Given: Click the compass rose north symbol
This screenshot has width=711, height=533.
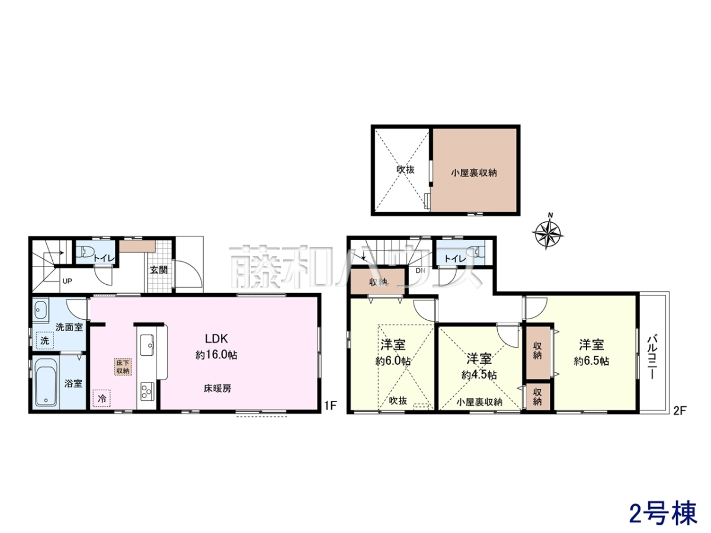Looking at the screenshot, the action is click(x=547, y=232).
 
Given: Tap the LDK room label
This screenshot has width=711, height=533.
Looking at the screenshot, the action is click(x=216, y=339).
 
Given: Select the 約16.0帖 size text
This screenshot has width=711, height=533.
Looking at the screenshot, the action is click(x=216, y=355).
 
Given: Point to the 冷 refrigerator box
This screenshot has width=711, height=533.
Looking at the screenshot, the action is click(x=102, y=399).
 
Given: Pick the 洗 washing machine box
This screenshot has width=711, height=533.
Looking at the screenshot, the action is click(x=44, y=341).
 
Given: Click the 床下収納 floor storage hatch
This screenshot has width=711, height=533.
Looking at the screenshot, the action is click(x=123, y=367).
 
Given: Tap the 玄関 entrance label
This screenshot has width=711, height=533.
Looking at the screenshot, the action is click(x=159, y=269).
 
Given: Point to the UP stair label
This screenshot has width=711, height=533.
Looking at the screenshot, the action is click(x=67, y=281).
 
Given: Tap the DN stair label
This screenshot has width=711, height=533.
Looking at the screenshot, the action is click(x=420, y=271).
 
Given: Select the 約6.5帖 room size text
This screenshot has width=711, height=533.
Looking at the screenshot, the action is click(x=591, y=361).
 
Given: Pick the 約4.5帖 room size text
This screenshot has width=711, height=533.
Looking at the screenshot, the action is click(x=479, y=375).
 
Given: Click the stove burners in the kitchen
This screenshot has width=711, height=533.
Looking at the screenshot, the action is click(x=148, y=392).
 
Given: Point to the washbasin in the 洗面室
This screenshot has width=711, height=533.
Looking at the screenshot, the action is click(x=40, y=310).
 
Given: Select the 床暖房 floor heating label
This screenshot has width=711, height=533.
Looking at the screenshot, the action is click(x=217, y=388).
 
